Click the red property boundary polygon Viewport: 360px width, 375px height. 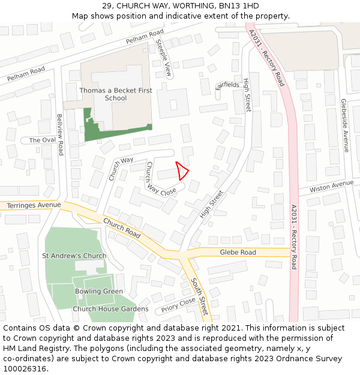[x=182, y=171]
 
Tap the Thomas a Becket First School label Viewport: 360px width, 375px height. [x=116, y=94]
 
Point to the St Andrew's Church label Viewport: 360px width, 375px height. [x=74, y=256]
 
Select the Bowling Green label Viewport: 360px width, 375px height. [x=99, y=292]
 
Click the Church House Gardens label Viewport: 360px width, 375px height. [x=110, y=309]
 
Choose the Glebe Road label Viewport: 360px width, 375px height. [x=238, y=253]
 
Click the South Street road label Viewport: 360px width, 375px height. [x=200, y=296]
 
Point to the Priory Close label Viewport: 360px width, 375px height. [x=178, y=306]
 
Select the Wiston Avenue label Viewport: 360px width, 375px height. [x=328, y=188]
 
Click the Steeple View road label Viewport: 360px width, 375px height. [x=164, y=58]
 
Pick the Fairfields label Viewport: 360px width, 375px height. [x=227, y=85]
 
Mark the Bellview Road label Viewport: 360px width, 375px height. [x=59, y=134]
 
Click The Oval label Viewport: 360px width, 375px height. [x=42, y=140]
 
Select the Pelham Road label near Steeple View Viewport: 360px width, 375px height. [x=144, y=37]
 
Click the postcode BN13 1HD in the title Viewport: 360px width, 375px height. [x=239, y=5]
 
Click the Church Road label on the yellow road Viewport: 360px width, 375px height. [x=121, y=228]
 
